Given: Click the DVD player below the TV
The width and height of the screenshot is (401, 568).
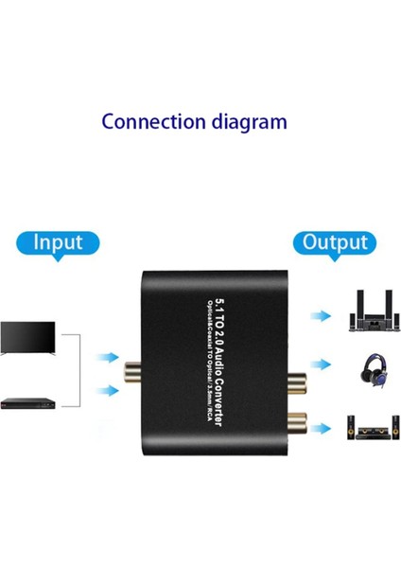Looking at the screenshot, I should [x=29, y=401].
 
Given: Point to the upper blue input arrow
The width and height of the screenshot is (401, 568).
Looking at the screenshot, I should [x=111, y=357].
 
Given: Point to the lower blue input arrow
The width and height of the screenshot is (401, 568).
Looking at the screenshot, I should [x=111, y=388].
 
